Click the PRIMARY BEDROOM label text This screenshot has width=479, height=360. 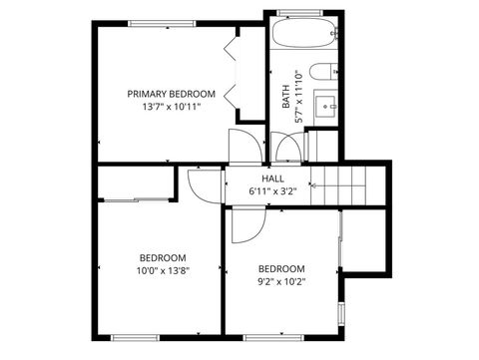(171, 94)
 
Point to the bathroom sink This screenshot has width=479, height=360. (325, 104)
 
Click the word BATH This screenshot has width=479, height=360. (286, 96)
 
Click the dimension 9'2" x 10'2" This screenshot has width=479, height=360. (281, 281)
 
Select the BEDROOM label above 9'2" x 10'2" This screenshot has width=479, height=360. (281, 268)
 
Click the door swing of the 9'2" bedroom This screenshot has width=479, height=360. (245, 224)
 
